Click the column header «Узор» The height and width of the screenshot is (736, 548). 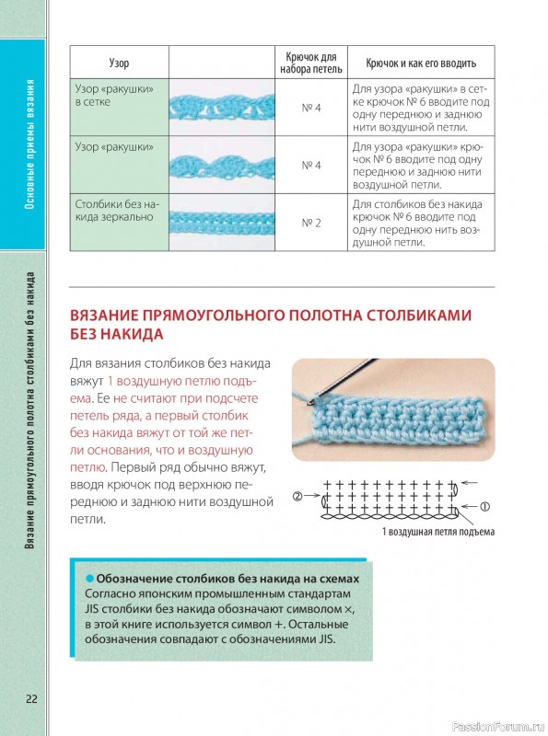pos(119,63)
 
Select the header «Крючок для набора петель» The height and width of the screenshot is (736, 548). pos(311,63)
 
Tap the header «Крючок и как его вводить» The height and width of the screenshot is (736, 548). pos(421,63)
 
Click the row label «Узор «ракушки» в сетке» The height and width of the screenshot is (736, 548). pos(115,96)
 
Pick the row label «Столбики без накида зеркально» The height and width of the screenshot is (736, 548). pos(118,211)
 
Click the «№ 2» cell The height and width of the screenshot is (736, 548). pos(311,223)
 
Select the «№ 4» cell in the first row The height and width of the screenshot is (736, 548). pos(311,108)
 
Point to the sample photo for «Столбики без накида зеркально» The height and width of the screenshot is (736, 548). pos(222,223)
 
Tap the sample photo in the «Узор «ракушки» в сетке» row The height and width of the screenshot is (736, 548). pos(222,108)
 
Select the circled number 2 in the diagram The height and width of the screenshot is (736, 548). pos(297,496)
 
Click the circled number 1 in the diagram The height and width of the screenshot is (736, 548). pos(484,506)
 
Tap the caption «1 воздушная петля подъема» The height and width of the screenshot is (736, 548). pos(438,532)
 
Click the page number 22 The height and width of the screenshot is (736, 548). pos(31,698)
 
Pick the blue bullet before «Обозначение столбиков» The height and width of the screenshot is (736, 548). pos(89,579)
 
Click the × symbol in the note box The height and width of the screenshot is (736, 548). pos(348,609)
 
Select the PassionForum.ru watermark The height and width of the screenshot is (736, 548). pos(498,727)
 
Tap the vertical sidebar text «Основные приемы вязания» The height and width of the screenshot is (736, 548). pos(29,144)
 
